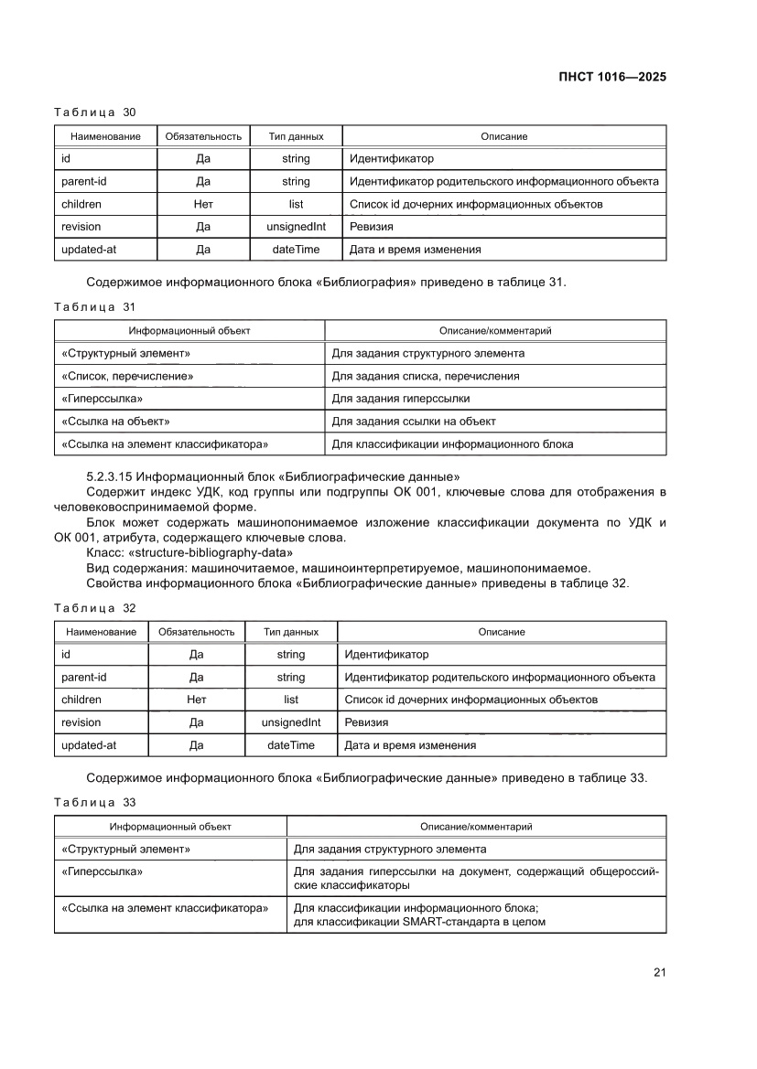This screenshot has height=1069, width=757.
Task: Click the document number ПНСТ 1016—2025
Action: tap(611, 77)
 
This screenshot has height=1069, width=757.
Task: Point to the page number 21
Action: tap(658, 972)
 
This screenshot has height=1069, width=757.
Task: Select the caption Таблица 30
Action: tap(94, 112)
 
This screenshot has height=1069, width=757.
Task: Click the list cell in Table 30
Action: tap(296, 204)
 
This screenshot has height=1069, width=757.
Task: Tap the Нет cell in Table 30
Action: tap(203, 204)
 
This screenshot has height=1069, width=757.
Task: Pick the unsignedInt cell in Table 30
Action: tap(296, 227)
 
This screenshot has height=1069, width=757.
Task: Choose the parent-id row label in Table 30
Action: tap(84, 181)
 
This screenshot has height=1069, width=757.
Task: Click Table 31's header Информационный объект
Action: tap(189, 330)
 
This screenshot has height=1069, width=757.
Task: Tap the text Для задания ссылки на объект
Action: tap(413, 421)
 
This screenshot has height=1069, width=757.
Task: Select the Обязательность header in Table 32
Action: tap(196, 632)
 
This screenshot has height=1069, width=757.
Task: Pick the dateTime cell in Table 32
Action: tap(290, 745)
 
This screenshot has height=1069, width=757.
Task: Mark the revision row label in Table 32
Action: tap(81, 722)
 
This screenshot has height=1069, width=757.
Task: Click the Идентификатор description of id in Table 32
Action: tap(385, 655)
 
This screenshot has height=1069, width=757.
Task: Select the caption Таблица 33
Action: tap(94, 802)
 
